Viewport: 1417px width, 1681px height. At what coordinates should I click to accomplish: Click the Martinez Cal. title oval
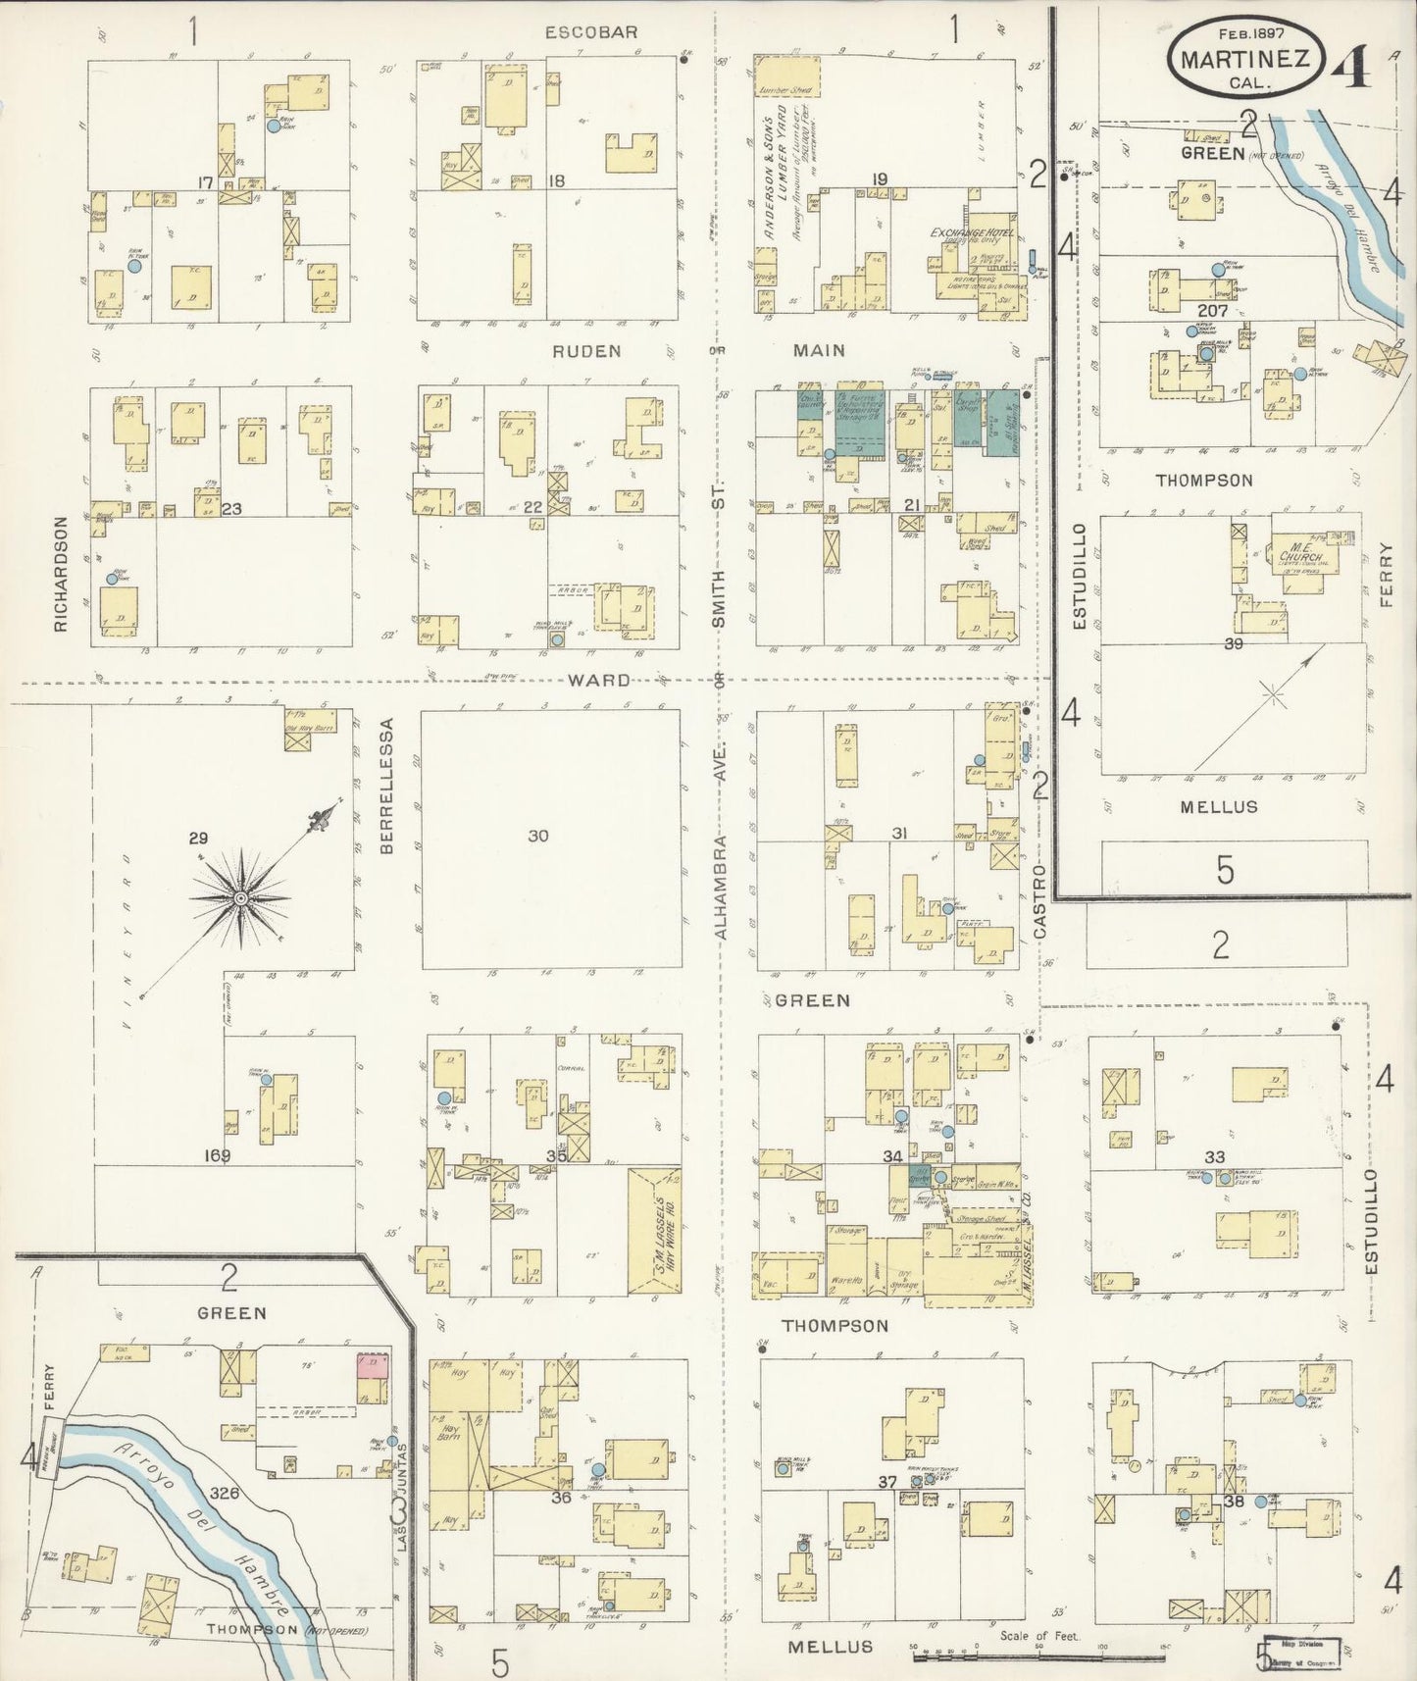point(1244,59)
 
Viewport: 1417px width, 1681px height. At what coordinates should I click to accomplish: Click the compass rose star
point(240,897)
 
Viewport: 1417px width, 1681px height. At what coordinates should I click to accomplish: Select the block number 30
point(538,836)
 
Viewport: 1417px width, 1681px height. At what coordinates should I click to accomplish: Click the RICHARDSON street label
point(62,574)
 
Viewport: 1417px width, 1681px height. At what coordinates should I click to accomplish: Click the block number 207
point(1212,310)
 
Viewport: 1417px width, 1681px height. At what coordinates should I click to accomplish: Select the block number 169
point(217,1155)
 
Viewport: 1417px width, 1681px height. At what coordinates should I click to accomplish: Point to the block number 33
point(1214,1157)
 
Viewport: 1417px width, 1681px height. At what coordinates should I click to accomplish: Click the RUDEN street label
point(585,350)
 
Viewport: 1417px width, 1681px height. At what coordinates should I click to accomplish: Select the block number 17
point(205,182)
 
